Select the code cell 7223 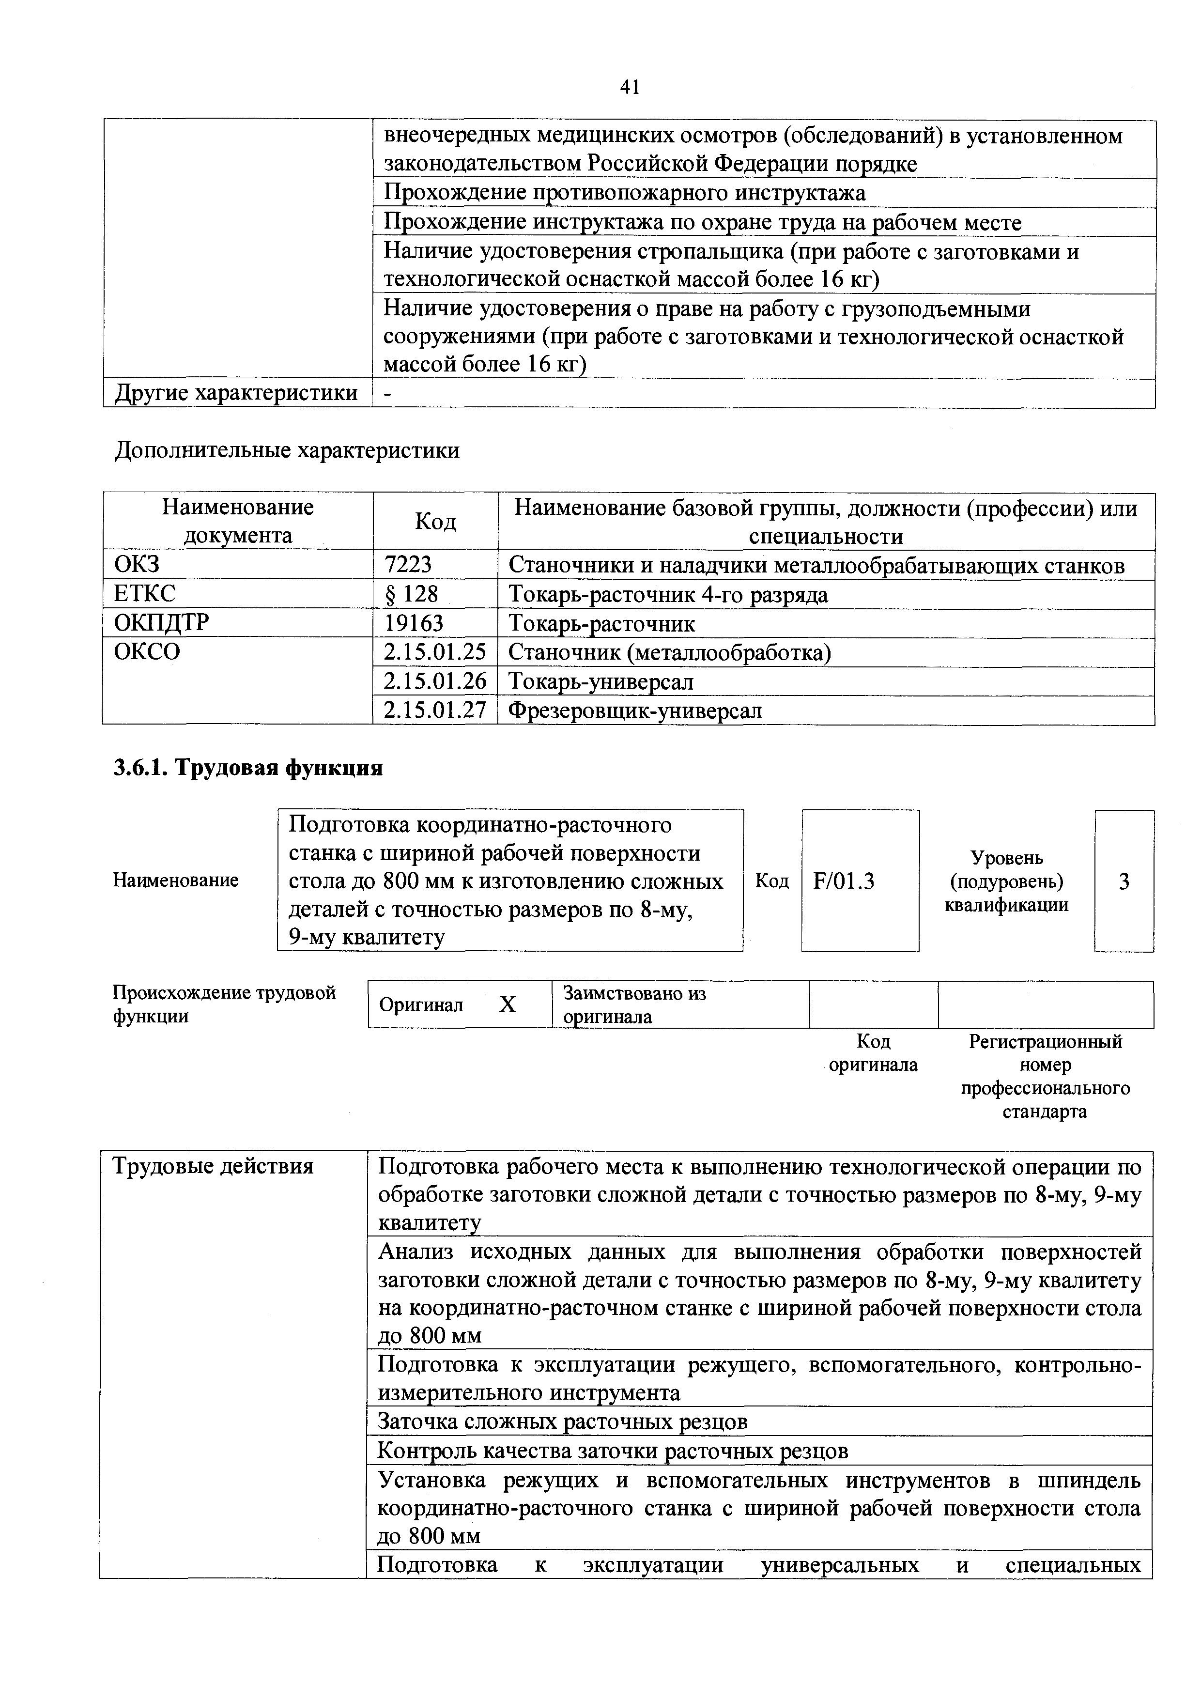(408, 565)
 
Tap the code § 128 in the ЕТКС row (412, 594)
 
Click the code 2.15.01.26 (435, 681)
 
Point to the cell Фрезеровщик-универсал (635, 710)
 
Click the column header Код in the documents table (435, 521)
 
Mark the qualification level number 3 (1124, 880)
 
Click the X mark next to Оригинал (507, 1004)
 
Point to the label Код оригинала (873, 1052)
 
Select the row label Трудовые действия (213, 1167)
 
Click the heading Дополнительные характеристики (287, 450)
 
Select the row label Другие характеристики (236, 392)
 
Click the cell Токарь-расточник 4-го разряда (668, 594)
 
